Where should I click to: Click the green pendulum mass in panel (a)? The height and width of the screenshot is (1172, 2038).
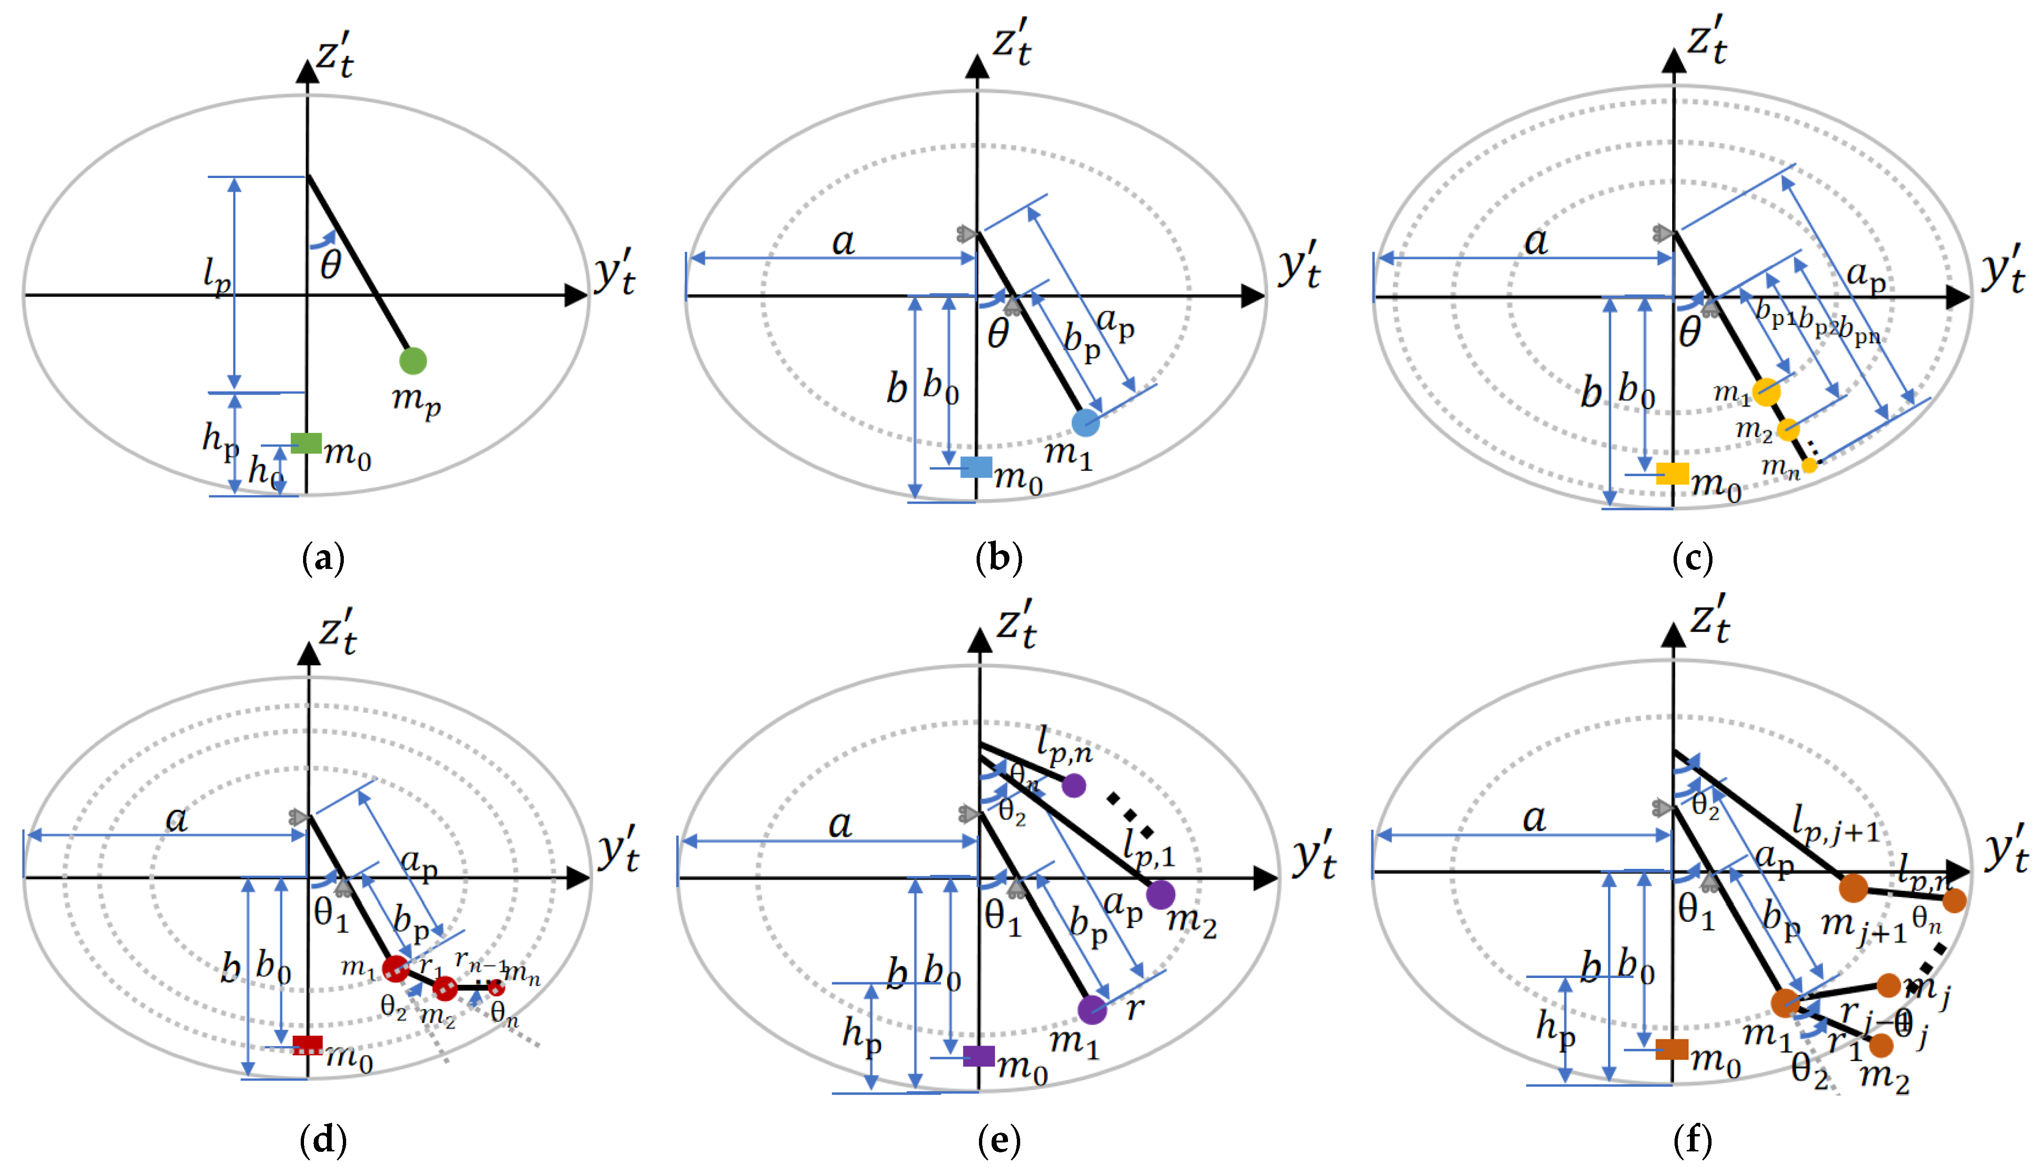pos(413,361)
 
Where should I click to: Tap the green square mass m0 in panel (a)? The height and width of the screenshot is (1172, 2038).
pos(306,443)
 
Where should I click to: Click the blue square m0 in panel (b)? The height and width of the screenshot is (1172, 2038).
pos(976,467)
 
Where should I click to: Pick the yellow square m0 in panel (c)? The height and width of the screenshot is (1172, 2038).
pos(1672,473)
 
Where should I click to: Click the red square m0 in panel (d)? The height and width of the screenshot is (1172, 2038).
pos(307,1045)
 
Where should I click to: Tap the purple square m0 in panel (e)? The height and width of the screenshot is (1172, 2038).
pos(978,1055)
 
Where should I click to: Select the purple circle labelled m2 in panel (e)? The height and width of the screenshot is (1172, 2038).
pos(1160,894)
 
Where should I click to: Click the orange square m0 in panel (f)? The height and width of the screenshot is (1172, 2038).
pos(1672,1049)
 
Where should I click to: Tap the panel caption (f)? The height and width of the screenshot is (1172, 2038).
pos(1692,1140)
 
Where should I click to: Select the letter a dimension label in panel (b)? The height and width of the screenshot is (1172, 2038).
pos(842,241)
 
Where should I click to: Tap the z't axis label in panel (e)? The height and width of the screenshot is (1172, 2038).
pos(1016,624)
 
